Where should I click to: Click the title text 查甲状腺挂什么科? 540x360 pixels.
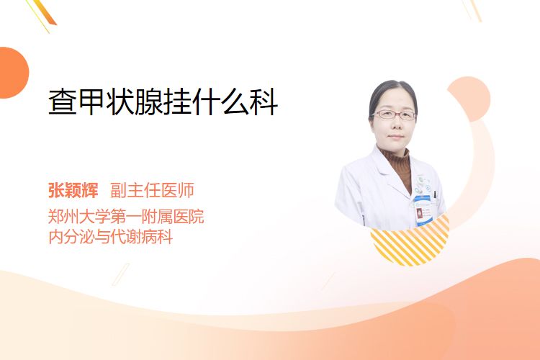(x=163, y=102)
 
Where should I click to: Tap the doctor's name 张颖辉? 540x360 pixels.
(x=73, y=190)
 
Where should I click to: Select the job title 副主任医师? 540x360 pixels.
(x=152, y=190)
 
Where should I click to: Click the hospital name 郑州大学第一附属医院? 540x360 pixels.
(x=126, y=217)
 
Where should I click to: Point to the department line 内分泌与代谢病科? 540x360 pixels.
(x=111, y=237)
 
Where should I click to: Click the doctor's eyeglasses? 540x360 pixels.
(x=394, y=114)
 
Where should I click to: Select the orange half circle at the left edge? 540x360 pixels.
(x=14, y=73)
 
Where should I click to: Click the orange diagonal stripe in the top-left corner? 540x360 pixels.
(x=45, y=12)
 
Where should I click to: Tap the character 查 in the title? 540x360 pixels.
(x=63, y=102)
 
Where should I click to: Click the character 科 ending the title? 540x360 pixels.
(x=264, y=102)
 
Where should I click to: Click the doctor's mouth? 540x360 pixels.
(x=395, y=137)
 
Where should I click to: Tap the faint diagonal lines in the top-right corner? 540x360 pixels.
(x=472, y=10)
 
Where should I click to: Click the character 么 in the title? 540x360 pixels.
(x=235, y=102)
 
